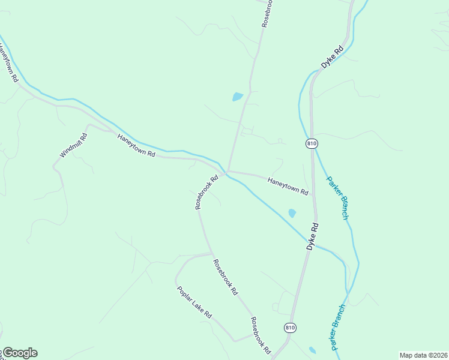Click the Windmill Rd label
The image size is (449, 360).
pyautogui.click(x=74, y=145)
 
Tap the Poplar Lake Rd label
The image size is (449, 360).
pyautogui.click(x=194, y=302)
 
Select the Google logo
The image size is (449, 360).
pyautogui.click(x=19, y=353)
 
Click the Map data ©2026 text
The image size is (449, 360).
pyautogui.click(x=423, y=355)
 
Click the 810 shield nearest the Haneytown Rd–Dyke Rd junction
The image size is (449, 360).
pyautogui.click(x=312, y=143)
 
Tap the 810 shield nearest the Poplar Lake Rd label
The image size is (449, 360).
pyautogui.click(x=291, y=328)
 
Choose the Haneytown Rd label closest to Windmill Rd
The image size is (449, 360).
pyautogui.click(x=136, y=146)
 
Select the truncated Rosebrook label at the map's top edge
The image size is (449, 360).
pyautogui.click(x=267, y=13)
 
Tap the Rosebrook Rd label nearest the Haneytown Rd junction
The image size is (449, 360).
pyautogui.click(x=206, y=191)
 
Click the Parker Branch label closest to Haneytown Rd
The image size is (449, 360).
pyautogui.click(x=337, y=197)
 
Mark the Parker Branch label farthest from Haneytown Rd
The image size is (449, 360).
pyautogui.click(x=337, y=327)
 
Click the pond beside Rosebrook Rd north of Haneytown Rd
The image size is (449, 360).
pyautogui.click(x=238, y=97)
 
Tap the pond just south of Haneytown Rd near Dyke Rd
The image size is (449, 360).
pyautogui.click(x=292, y=213)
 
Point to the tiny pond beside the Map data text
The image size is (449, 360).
pyautogui.click(x=312, y=350)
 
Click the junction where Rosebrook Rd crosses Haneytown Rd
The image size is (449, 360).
pyautogui.click(x=226, y=172)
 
